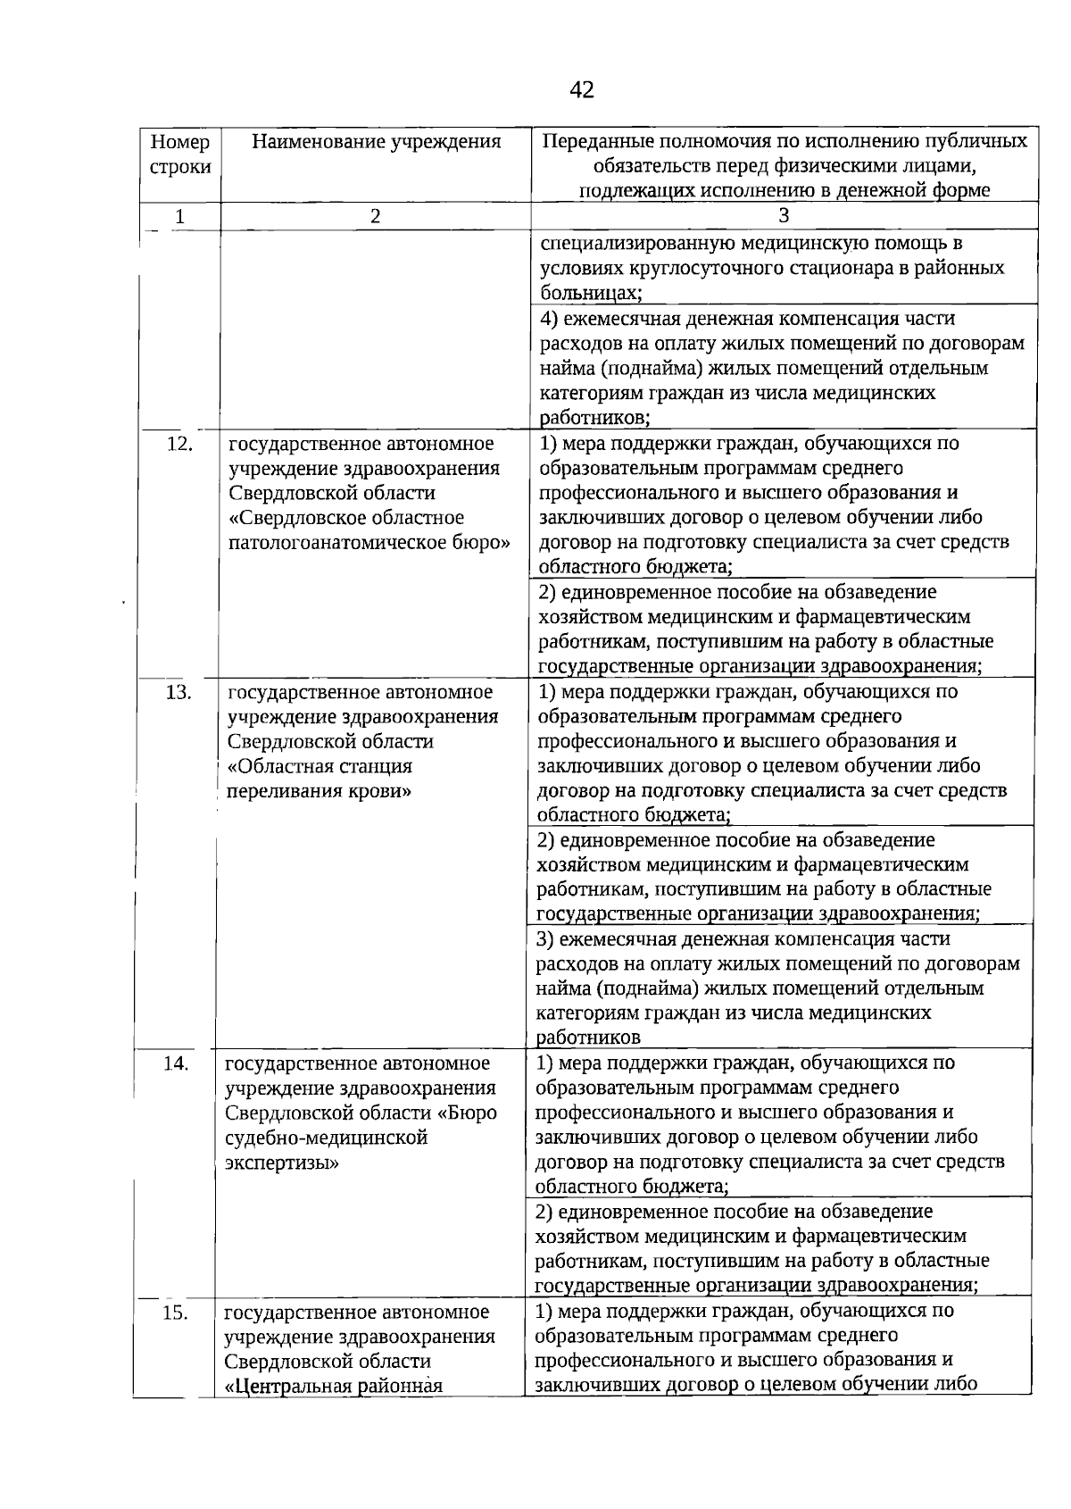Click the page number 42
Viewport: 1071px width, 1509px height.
[x=581, y=89]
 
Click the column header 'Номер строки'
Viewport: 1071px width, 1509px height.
[x=180, y=154]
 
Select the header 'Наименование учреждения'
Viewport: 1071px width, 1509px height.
[x=376, y=142]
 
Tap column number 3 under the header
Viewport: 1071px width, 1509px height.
[x=783, y=215]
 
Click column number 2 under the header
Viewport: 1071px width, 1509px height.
[x=375, y=216]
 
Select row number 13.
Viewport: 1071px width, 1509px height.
[x=178, y=692]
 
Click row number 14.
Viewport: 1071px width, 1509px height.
[x=177, y=1063]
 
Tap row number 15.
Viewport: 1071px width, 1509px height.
[x=176, y=1312]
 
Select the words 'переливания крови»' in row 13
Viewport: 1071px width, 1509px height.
[x=319, y=791]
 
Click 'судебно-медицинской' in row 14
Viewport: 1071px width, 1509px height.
[x=327, y=1138]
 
